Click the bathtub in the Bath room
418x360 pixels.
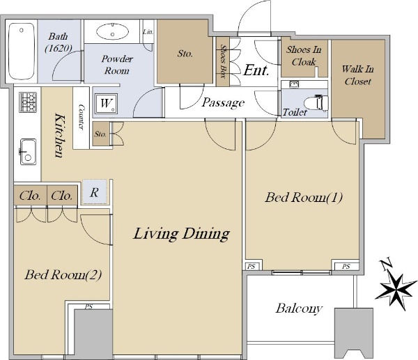pos(22,51)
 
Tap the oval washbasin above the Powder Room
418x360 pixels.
pos(112,32)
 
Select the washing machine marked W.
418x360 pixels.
pos(106,104)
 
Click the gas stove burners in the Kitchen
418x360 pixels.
pos(28,102)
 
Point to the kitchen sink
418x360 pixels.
pos(28,152)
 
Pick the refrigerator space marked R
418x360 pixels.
pos(94,192)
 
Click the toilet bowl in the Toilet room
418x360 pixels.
pos(318,102)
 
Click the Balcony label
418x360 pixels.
pos(299,308)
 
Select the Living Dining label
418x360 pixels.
pos(181,234)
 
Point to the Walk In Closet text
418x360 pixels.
pos(357,75)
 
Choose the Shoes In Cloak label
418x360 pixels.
pos(304,56)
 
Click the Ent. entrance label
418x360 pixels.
pos(256,70)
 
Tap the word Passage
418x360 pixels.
pos(223,102)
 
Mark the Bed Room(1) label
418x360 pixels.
pos(304,198)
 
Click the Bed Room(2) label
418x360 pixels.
pos(63,275)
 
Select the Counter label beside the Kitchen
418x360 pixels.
pos(81,117)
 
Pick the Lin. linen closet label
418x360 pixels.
pos(148,32)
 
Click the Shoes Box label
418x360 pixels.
pos(223,61)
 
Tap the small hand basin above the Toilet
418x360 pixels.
pos(293,84)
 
